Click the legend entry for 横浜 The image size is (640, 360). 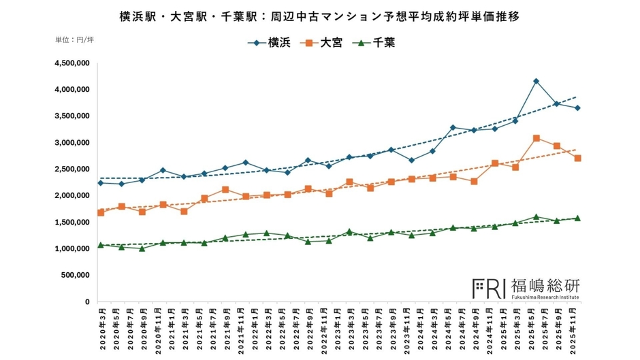point(270,43)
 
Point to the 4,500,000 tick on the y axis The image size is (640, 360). point(71,63)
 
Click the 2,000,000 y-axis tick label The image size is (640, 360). point(71,196)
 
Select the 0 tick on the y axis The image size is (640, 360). point(87,302)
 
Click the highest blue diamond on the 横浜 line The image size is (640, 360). point(537,81)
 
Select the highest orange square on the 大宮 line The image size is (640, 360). point(537,138)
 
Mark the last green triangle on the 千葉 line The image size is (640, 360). point(577,218)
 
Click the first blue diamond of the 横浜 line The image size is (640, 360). point(101,182)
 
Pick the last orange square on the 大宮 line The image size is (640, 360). point(577,158)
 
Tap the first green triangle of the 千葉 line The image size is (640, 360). point(101,245)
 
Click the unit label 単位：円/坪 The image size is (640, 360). point(74,40)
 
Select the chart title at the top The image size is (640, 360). point(319,16)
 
